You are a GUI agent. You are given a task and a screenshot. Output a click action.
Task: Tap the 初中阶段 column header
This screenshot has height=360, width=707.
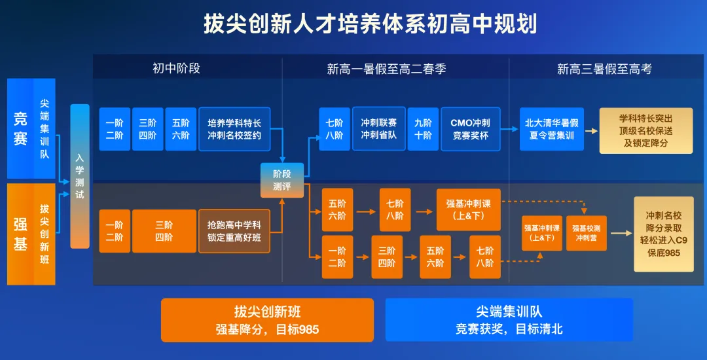[176, 68]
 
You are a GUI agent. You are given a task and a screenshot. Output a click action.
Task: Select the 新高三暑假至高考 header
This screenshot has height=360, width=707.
[604, 69]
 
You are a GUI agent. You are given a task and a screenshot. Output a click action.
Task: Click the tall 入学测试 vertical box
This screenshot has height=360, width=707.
[80, 176]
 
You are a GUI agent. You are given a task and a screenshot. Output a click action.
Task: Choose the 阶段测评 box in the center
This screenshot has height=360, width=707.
[282, 180]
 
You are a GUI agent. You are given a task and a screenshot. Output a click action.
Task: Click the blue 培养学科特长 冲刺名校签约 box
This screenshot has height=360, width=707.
[234, 129]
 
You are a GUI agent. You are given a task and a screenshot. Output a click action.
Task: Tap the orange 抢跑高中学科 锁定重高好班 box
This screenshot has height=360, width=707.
[234, 231]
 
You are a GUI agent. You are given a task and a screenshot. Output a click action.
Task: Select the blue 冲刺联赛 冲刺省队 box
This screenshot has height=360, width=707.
[379, 128]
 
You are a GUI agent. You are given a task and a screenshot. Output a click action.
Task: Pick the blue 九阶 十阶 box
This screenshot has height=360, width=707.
[424, 129]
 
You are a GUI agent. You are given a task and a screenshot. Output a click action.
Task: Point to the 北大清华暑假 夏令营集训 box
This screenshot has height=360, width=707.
[552, 129]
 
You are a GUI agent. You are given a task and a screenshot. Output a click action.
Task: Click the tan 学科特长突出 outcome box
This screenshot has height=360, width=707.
[645, 130]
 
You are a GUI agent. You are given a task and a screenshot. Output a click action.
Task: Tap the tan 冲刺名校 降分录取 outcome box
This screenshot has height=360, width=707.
[663, 234]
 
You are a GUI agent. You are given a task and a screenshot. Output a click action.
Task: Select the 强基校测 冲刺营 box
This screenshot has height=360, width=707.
[586, 233]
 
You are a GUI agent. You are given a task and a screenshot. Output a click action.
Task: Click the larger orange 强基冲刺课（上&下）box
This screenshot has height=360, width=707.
[468, 209]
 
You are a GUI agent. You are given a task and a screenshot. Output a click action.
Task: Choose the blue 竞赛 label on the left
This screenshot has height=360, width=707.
[21, 128]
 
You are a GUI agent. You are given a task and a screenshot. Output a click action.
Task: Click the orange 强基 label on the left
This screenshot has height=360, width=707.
[21, 234]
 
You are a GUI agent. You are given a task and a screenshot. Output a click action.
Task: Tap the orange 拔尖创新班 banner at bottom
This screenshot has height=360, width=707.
[267, 320]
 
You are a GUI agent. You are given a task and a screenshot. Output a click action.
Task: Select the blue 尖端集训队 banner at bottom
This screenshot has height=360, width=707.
[509, 320]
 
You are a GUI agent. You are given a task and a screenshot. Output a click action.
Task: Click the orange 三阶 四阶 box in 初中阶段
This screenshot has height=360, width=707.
[164, 231]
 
